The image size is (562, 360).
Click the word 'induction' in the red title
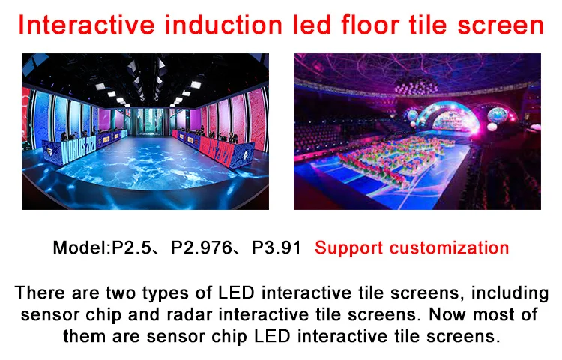point(224,25)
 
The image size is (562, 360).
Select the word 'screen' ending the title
point(501,25)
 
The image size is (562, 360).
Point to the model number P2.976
point(202,247)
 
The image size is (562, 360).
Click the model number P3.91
point(277,247)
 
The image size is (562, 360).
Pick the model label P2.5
point(131,247)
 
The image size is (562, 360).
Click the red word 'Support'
point(348,248)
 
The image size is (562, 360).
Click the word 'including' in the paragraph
point(510,293)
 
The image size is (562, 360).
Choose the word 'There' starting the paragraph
point(40,292)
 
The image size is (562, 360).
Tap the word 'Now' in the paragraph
point(447,314)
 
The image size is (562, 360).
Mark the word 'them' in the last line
point(85,336)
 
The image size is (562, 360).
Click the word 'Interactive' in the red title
point(86,25)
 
